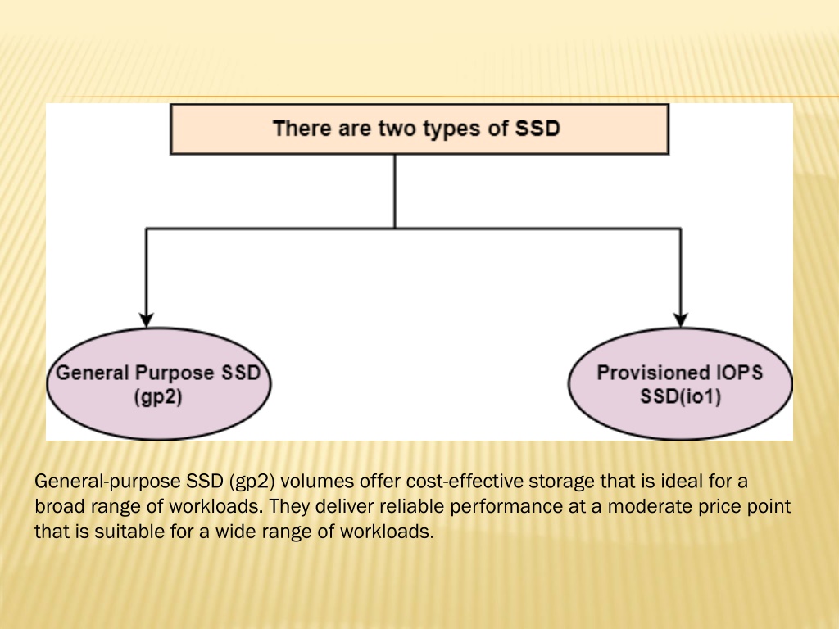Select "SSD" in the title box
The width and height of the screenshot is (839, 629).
tap(537, 129)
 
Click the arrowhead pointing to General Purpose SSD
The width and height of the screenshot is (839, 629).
tap(146, 320)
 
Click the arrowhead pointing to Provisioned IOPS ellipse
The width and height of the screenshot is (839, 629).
tap(680, 320)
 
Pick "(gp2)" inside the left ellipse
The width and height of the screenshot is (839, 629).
tap(158, 397)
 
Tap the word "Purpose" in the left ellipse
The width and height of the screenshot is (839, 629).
tap(175, 373)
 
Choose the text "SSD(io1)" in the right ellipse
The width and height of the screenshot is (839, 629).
tap(681, 397)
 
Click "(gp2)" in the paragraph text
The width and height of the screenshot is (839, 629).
tap(252, 482)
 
